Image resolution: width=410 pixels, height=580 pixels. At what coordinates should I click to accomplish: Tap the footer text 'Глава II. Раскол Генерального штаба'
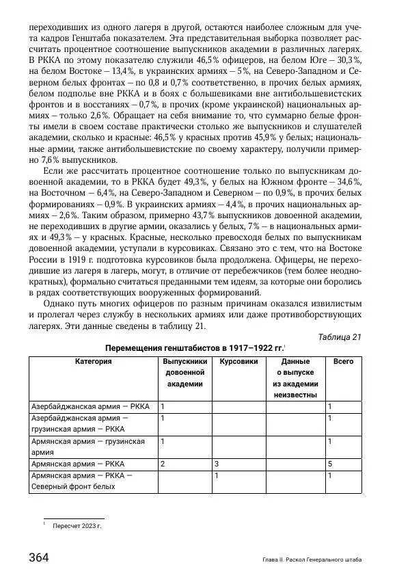pos(312,559)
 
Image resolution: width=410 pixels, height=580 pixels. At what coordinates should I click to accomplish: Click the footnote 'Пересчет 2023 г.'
pos(77,527)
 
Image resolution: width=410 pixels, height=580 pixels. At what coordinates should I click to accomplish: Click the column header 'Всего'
pos(343,361)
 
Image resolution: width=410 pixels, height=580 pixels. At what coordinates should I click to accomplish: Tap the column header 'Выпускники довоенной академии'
pos(184,373)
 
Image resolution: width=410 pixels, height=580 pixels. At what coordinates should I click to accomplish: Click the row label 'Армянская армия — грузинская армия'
pos(89,447)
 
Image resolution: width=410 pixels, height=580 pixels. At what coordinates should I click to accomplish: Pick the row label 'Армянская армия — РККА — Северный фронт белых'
pos(83,481)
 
